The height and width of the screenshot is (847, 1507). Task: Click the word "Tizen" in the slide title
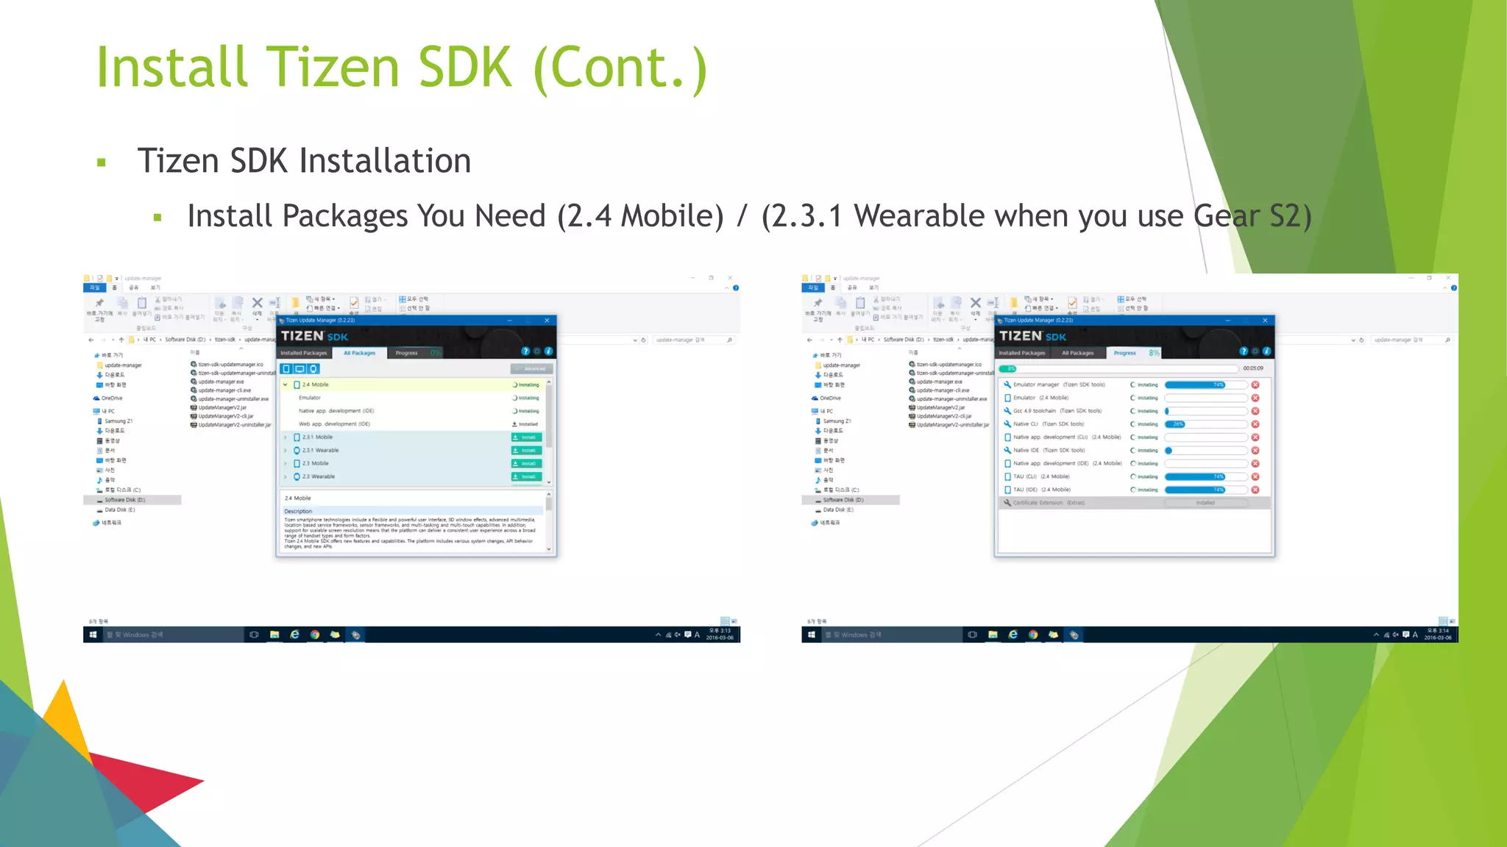(x=332, y=68)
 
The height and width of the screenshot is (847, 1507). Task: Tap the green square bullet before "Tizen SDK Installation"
(x=102, y=162)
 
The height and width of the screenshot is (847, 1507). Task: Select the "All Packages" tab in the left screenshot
(x=359, y=353)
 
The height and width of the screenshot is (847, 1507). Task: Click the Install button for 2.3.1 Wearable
(x=526, y=450)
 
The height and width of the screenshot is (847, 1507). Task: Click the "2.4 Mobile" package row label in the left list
(x=315, y=385)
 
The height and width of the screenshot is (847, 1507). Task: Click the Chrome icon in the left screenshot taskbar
(x=315, y=635)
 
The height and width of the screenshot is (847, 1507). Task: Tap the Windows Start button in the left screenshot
(x=93, y=635)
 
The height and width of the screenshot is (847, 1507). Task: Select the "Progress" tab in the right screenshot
(x=1124, y=353)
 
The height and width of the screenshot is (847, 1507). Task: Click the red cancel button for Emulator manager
(x=1255, y=385)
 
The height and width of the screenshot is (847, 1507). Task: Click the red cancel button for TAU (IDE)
(x=1255, y=490)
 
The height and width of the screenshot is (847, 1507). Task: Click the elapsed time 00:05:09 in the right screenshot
(x=1252, y=368)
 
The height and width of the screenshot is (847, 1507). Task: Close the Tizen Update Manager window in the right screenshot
(x=1265, y=321)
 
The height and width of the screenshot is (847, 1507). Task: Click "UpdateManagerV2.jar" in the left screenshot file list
(x=222, y=407)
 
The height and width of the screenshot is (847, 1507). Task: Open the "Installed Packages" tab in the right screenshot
(x=1021, y=353)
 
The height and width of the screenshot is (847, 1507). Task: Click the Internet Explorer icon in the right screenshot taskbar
(x=1013, y=635)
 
